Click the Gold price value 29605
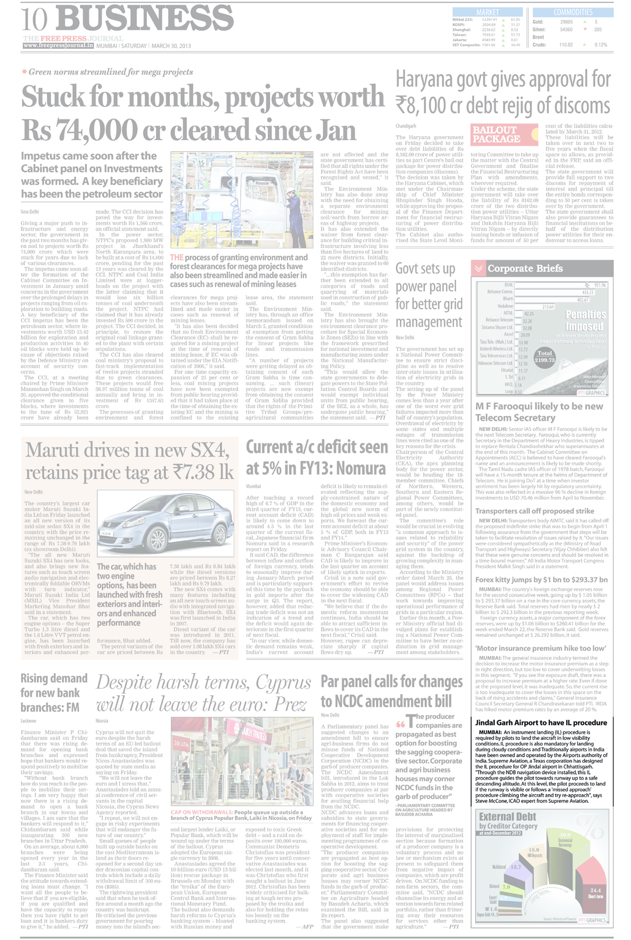click(x=566, y=22)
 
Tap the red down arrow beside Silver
click(x=585, y=29)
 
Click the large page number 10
click(x=34, y=19)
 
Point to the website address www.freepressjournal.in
click(x=58, y=46)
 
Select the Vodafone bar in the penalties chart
click(x=534, y=307)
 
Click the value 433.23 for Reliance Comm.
click(x=587, y=292)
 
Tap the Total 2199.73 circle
click(x=544, y=357)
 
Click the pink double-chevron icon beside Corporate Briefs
click(x=479, y=268)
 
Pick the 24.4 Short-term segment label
click(x=595, y=891)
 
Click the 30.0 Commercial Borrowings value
click(x=565, y=835)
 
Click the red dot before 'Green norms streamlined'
click(x=24, y=71)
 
